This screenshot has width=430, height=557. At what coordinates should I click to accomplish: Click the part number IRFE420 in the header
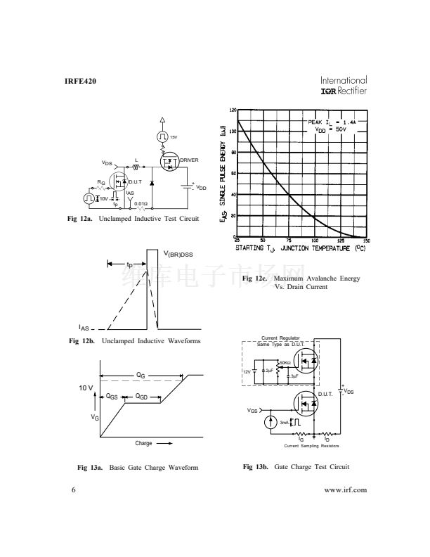coord(79,82)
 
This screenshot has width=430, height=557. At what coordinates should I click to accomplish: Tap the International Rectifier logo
coord(344,85)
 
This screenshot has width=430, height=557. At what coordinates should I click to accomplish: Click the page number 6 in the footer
coord(73,490)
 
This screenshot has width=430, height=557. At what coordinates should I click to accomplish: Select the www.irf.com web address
coord(345,490)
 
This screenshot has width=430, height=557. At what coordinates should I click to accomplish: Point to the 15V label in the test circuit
coord(174,137)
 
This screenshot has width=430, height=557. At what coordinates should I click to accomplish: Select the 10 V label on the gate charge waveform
coord(86,388)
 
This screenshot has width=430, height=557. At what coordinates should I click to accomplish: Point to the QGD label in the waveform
coord(142,397)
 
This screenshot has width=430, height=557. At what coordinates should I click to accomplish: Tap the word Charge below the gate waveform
coord(143,443)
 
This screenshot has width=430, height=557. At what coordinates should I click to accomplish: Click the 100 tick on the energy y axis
coord(233,132)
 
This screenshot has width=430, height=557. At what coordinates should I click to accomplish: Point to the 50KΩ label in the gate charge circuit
coord(285,362)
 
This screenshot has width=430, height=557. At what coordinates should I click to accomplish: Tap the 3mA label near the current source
coord(284,422)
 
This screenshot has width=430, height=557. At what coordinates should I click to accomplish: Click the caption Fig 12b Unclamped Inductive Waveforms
coord(134,341)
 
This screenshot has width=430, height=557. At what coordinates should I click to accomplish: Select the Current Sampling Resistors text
coord(311,446)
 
